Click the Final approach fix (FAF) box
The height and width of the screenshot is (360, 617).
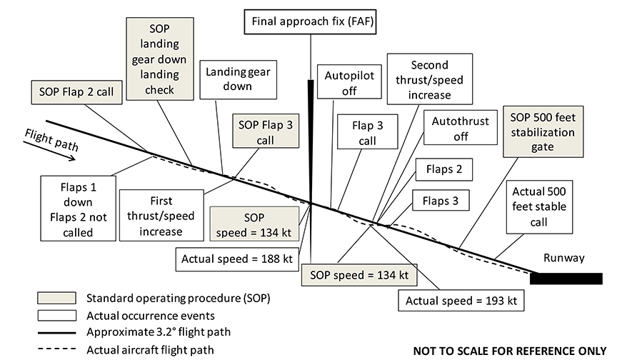tap(311, 23)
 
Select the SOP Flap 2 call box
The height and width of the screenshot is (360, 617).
tap(76, 91)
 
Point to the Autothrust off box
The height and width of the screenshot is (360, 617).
tap(460, 129)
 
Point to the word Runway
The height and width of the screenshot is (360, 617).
tap(564, 259)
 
